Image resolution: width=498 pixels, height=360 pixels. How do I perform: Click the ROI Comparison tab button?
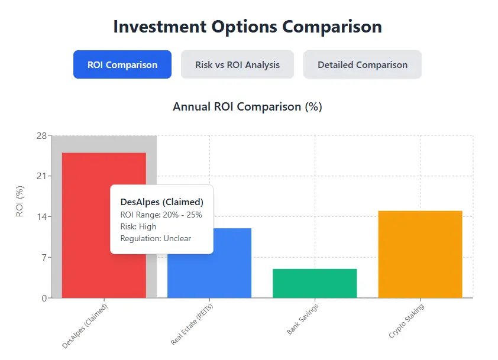pyautogui.click(x=122, y=64)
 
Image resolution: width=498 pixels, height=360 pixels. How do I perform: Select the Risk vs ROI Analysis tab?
pyautogui.click(x=237, y=64)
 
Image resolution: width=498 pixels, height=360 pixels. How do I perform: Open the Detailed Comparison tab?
pyautogui.click(x=362, y=64)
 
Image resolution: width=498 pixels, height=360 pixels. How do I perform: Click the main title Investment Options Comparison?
pyautogui.click(x=248, y=27)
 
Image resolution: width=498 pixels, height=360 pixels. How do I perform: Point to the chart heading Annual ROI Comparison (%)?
pyautogui.click(x=247, y=107)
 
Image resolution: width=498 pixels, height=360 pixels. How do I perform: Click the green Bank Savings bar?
pyautogui.click(x=315, y=283)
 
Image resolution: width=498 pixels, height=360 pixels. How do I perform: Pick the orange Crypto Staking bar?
pyautogui.click(x=420, y=254)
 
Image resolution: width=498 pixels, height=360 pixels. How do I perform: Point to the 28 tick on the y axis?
pyautogui.click(x=41, y=135)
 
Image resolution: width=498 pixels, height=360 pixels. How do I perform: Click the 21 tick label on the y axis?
pyautogui.click(x=41, y=176)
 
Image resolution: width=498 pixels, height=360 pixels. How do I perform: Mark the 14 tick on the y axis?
pyautogui.click(x=41, y=217)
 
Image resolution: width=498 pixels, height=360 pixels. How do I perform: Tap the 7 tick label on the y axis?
pyautogui.click(x=43, y=258)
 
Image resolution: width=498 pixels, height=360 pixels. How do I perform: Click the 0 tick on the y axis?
pyautogui.click(x=43, y=298)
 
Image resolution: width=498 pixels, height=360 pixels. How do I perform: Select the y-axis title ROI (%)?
pyautogui.click(x=20, y=202)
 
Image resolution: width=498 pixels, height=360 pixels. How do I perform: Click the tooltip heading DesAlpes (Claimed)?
pyautogui.click(x=161, y=202)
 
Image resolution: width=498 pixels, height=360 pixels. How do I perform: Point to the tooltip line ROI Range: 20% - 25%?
pyautogui.click(x=161, y=215)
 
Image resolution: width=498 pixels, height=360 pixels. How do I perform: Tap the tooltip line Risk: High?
pyautogui.click(x=138, y=226)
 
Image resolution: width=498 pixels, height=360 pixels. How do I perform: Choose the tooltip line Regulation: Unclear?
pyautogui.click(x=156, y=238)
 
